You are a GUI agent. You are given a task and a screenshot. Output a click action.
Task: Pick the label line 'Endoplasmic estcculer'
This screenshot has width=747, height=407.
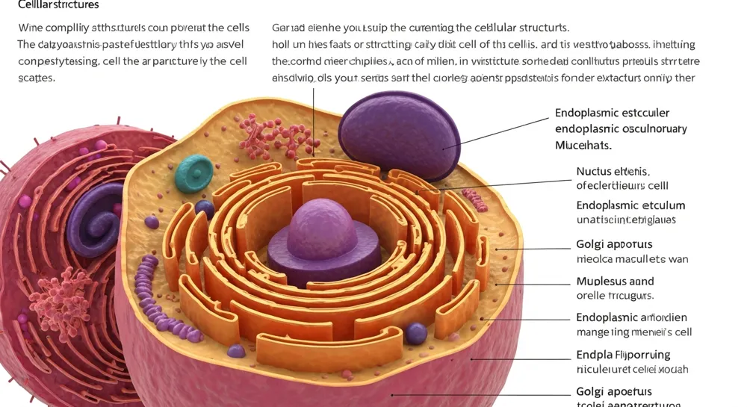click(612, 113)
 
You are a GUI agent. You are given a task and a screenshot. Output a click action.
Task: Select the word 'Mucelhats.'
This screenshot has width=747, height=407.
click(583, 145)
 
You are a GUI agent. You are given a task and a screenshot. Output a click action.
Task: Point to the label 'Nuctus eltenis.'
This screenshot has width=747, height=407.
click(613, 171)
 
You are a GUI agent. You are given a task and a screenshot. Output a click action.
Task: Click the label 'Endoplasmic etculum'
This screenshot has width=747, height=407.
click(630, 205)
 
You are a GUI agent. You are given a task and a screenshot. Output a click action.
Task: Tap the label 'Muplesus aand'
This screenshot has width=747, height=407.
click(615, 282)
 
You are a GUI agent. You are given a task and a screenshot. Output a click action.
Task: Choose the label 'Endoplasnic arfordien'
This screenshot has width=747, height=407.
click(631, 317)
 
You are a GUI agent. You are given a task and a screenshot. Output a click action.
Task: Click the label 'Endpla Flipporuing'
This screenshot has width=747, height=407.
click(623, 355)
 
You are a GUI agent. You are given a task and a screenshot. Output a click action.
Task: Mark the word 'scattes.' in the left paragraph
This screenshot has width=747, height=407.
click(37, 77)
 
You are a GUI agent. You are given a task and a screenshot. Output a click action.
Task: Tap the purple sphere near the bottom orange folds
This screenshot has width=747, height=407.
click(416, 333)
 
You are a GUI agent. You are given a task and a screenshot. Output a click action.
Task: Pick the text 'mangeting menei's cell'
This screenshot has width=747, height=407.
click(633, 332)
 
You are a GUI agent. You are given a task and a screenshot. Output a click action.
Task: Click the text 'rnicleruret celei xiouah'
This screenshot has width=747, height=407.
click(632, 369)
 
